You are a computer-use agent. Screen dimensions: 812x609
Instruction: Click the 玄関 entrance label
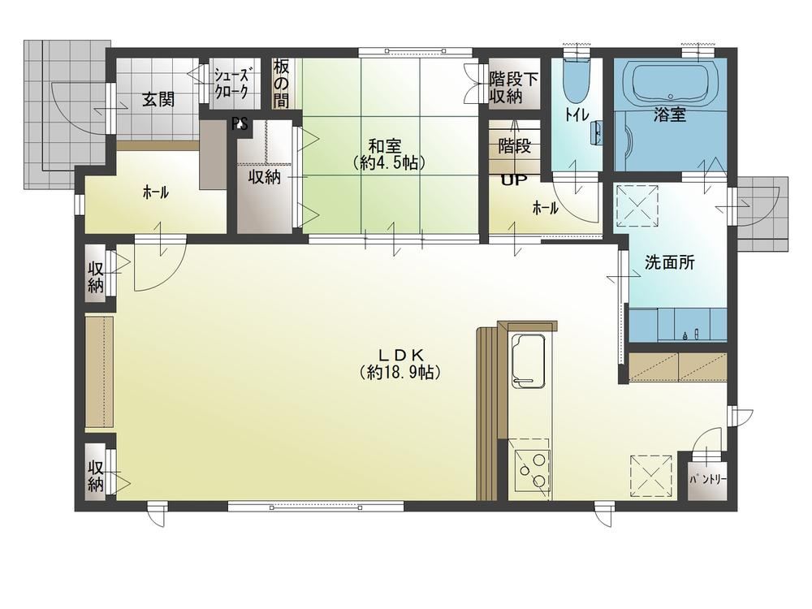click(x=158, y=99)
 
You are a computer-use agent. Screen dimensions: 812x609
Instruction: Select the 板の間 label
click(x=281, y=83)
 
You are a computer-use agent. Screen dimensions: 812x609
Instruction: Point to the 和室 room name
click(x=385, y=145)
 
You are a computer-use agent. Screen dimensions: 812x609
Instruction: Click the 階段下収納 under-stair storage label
click(x=514, y=88)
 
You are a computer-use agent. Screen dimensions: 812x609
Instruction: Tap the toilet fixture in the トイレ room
click(x=576, y=80)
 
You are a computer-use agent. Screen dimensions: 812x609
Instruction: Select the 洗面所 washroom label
click(x=669, y=262)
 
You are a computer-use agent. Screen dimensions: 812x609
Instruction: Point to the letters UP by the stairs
click(x=514, y=179)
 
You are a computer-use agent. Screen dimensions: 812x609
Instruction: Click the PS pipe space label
click(x=240, y=124)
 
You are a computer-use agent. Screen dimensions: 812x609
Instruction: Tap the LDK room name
click(x=401, y=355)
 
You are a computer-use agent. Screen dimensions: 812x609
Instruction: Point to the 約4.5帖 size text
click(x=389, y=163)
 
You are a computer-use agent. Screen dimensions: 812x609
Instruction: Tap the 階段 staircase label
click(x=514, y=146)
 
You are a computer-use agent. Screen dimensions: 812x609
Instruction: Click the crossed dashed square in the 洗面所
click(x=637, y=205)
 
